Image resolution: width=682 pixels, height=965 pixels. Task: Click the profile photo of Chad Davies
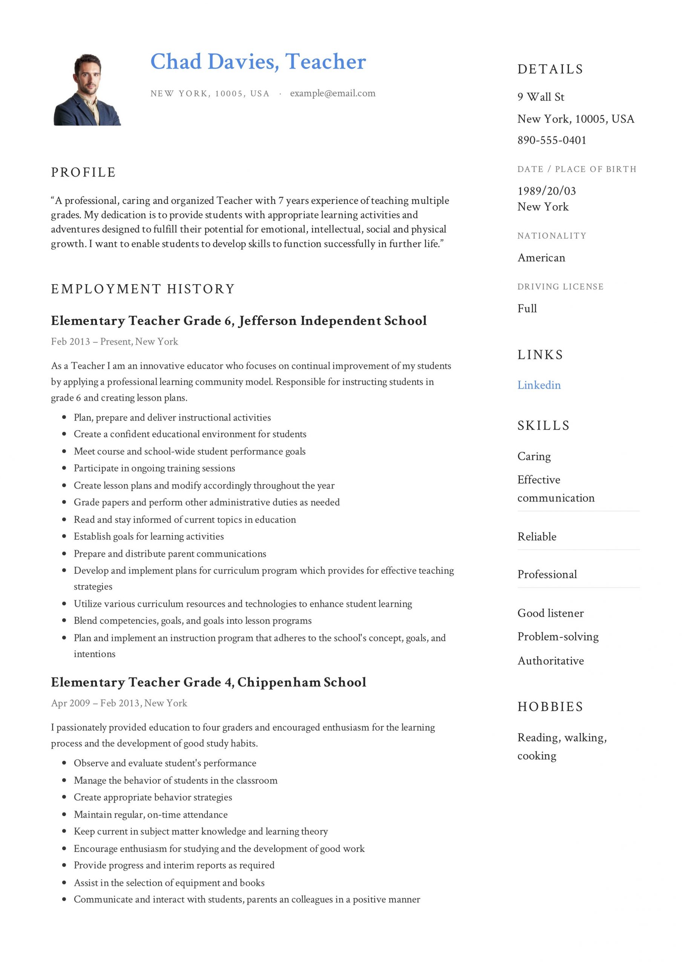87,89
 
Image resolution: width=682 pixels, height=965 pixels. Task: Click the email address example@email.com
332,93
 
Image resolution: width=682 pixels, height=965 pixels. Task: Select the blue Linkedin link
539,385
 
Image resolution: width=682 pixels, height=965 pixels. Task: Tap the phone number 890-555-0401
552,140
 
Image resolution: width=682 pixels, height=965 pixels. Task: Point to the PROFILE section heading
83,172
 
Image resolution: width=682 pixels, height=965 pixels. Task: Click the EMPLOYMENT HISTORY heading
143,289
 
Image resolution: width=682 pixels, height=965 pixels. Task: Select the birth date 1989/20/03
546,191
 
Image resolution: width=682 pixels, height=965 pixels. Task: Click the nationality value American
541,257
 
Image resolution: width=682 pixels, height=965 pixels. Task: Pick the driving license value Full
527,308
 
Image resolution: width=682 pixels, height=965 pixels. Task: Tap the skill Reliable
536,537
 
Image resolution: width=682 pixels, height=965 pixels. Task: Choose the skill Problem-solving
558,636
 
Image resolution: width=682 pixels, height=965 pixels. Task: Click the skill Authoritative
550,661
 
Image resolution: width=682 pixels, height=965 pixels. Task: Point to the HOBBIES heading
550,706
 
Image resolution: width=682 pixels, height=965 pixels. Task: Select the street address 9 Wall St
540,97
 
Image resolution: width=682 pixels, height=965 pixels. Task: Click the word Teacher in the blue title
325,62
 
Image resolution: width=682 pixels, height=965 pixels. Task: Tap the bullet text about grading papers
207,502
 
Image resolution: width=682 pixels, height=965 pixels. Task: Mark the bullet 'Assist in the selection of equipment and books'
169,882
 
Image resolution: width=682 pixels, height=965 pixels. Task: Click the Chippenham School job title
208,682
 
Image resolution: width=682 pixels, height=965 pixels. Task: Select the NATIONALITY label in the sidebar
551,236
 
